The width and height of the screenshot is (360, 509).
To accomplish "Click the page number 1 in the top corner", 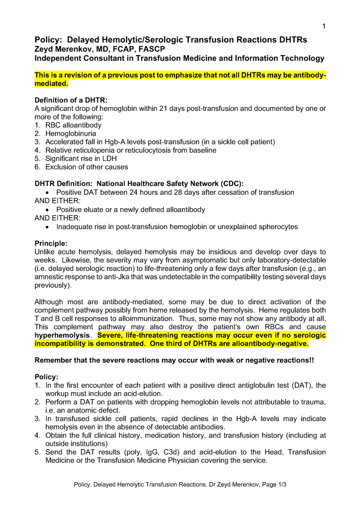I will tap(324, 26).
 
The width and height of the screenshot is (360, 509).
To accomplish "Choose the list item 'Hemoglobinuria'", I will tap(71, 134).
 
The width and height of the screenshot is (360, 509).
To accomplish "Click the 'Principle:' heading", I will tap(51, 244).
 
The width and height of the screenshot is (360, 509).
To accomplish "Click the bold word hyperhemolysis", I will tap(64, 335).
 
